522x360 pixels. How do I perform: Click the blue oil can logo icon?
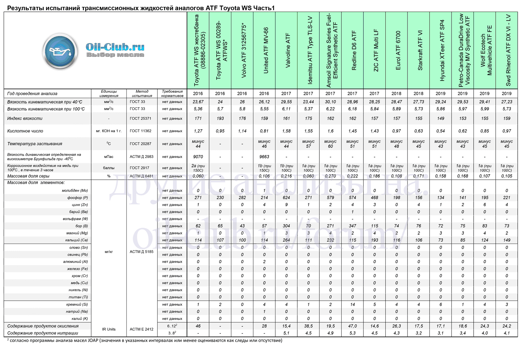(x=60, y=52)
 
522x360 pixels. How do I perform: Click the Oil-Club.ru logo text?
(x=115, y=47)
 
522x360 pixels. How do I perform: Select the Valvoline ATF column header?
(x=287, y=51)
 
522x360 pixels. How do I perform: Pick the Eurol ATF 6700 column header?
(x=398, y=51)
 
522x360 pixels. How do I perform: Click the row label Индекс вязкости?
(x=25, y=118)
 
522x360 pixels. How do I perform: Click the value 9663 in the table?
(x=264, y=157)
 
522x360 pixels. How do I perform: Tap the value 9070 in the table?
(x=198, y=157)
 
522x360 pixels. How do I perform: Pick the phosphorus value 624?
(x=286, y=198)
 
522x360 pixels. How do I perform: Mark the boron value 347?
(x=353, y=226)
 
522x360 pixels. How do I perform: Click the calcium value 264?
(x=286, y=240)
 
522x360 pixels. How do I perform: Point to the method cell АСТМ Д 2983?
(x=142, y=157)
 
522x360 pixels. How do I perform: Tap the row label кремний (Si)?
(x=77, y=305)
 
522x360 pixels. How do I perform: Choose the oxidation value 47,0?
(x=353, y=326)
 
